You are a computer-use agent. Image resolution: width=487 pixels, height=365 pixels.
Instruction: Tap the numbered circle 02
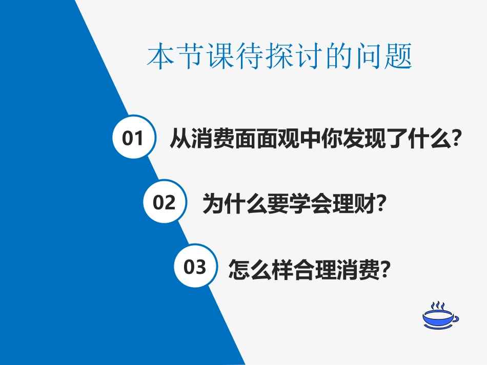(164, 202)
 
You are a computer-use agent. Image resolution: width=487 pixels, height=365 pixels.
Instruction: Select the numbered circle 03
(195, 266)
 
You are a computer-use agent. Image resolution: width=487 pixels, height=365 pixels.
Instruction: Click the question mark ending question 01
(452, 138)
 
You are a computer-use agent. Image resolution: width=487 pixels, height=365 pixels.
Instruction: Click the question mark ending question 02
(380, 204)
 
